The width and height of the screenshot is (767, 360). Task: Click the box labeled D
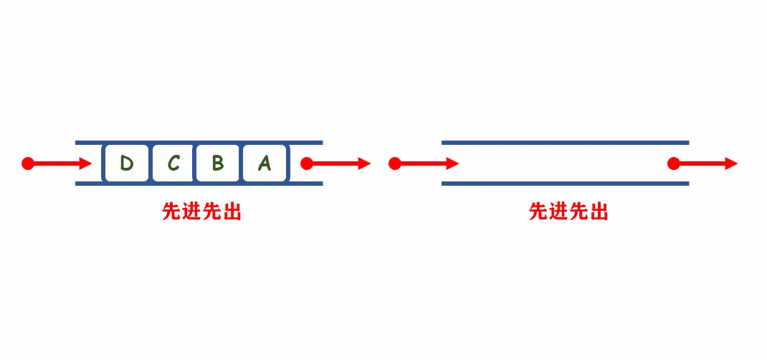click(x=126, y=164)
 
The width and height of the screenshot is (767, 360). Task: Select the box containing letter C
click(x=173, y=164)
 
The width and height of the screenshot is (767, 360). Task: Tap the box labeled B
click(x=218, y=164)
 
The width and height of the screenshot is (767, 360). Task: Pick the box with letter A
click(x=265, y=164)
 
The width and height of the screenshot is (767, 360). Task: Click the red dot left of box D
click(x=28, y=164)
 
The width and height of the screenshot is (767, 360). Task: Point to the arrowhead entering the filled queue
click(x=86, y=164)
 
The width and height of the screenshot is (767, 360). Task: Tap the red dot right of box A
click(x=307, y=164)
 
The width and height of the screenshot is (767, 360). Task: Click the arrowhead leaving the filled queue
click(x=365, y=164)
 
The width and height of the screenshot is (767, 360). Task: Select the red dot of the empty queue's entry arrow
click(x=394, y=164)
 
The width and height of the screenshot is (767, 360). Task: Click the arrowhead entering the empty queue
click(x=452, y=164)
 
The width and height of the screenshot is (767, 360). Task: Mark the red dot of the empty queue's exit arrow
click(x=673, y=164)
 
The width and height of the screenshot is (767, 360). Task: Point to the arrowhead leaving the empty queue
click(x=731, y=164)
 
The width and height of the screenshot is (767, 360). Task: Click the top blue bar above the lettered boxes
click(x=199, y=143)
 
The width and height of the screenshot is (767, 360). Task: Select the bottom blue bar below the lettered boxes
click(x=199, y=184)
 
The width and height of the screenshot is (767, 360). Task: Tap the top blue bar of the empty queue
click(x=565, y=143)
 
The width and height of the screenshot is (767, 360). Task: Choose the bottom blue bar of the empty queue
click(x=565, y=184)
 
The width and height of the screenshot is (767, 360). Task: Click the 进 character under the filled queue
click(x=191, y=212)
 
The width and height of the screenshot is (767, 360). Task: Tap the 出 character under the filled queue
click(x=232, y=212)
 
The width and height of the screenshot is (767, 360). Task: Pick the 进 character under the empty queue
click(x=558, y=212)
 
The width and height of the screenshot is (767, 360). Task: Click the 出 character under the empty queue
click(x=599, y=212)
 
